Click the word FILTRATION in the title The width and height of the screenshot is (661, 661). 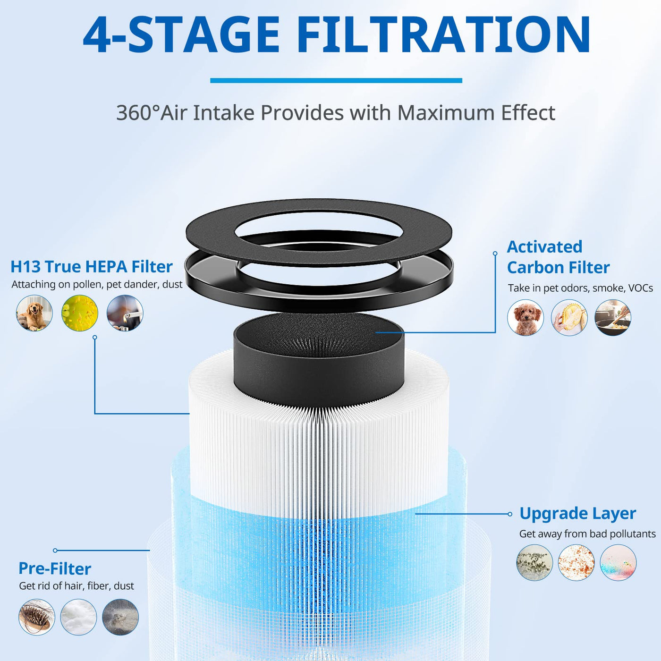click(x=443, y=34)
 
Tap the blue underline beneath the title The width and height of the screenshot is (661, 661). click(x=336, y=81)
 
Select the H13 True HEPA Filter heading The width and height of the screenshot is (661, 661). click(x=92, y=267)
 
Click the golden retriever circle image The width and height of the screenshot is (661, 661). click(x=34, y=313)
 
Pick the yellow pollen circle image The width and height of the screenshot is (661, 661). click(x=80, y=313)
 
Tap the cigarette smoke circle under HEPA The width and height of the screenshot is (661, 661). click(x=125, y=313)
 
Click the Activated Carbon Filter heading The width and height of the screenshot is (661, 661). click(x=558, y=257)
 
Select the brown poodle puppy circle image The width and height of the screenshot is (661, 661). click(x=525, y=317)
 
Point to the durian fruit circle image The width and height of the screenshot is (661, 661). click(x=569, y=317)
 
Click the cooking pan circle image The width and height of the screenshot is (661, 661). click(x=613, y=317)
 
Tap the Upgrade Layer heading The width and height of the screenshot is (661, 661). click(x=577, y=514)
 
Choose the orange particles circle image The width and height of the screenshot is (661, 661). click(x=576, y=562)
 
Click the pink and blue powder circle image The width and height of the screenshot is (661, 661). click(x=618, y=562)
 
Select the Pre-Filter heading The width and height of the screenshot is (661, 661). click(x=55, y=569)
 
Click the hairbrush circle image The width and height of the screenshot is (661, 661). click(x=37, y=617)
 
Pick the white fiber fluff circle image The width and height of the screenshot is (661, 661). click(x=78, y=617)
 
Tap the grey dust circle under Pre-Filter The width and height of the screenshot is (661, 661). click(x=120, y=617)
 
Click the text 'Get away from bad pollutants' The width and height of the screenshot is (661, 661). click(x=587, y=534)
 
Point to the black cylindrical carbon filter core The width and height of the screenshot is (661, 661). click(x=319, y=360)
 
